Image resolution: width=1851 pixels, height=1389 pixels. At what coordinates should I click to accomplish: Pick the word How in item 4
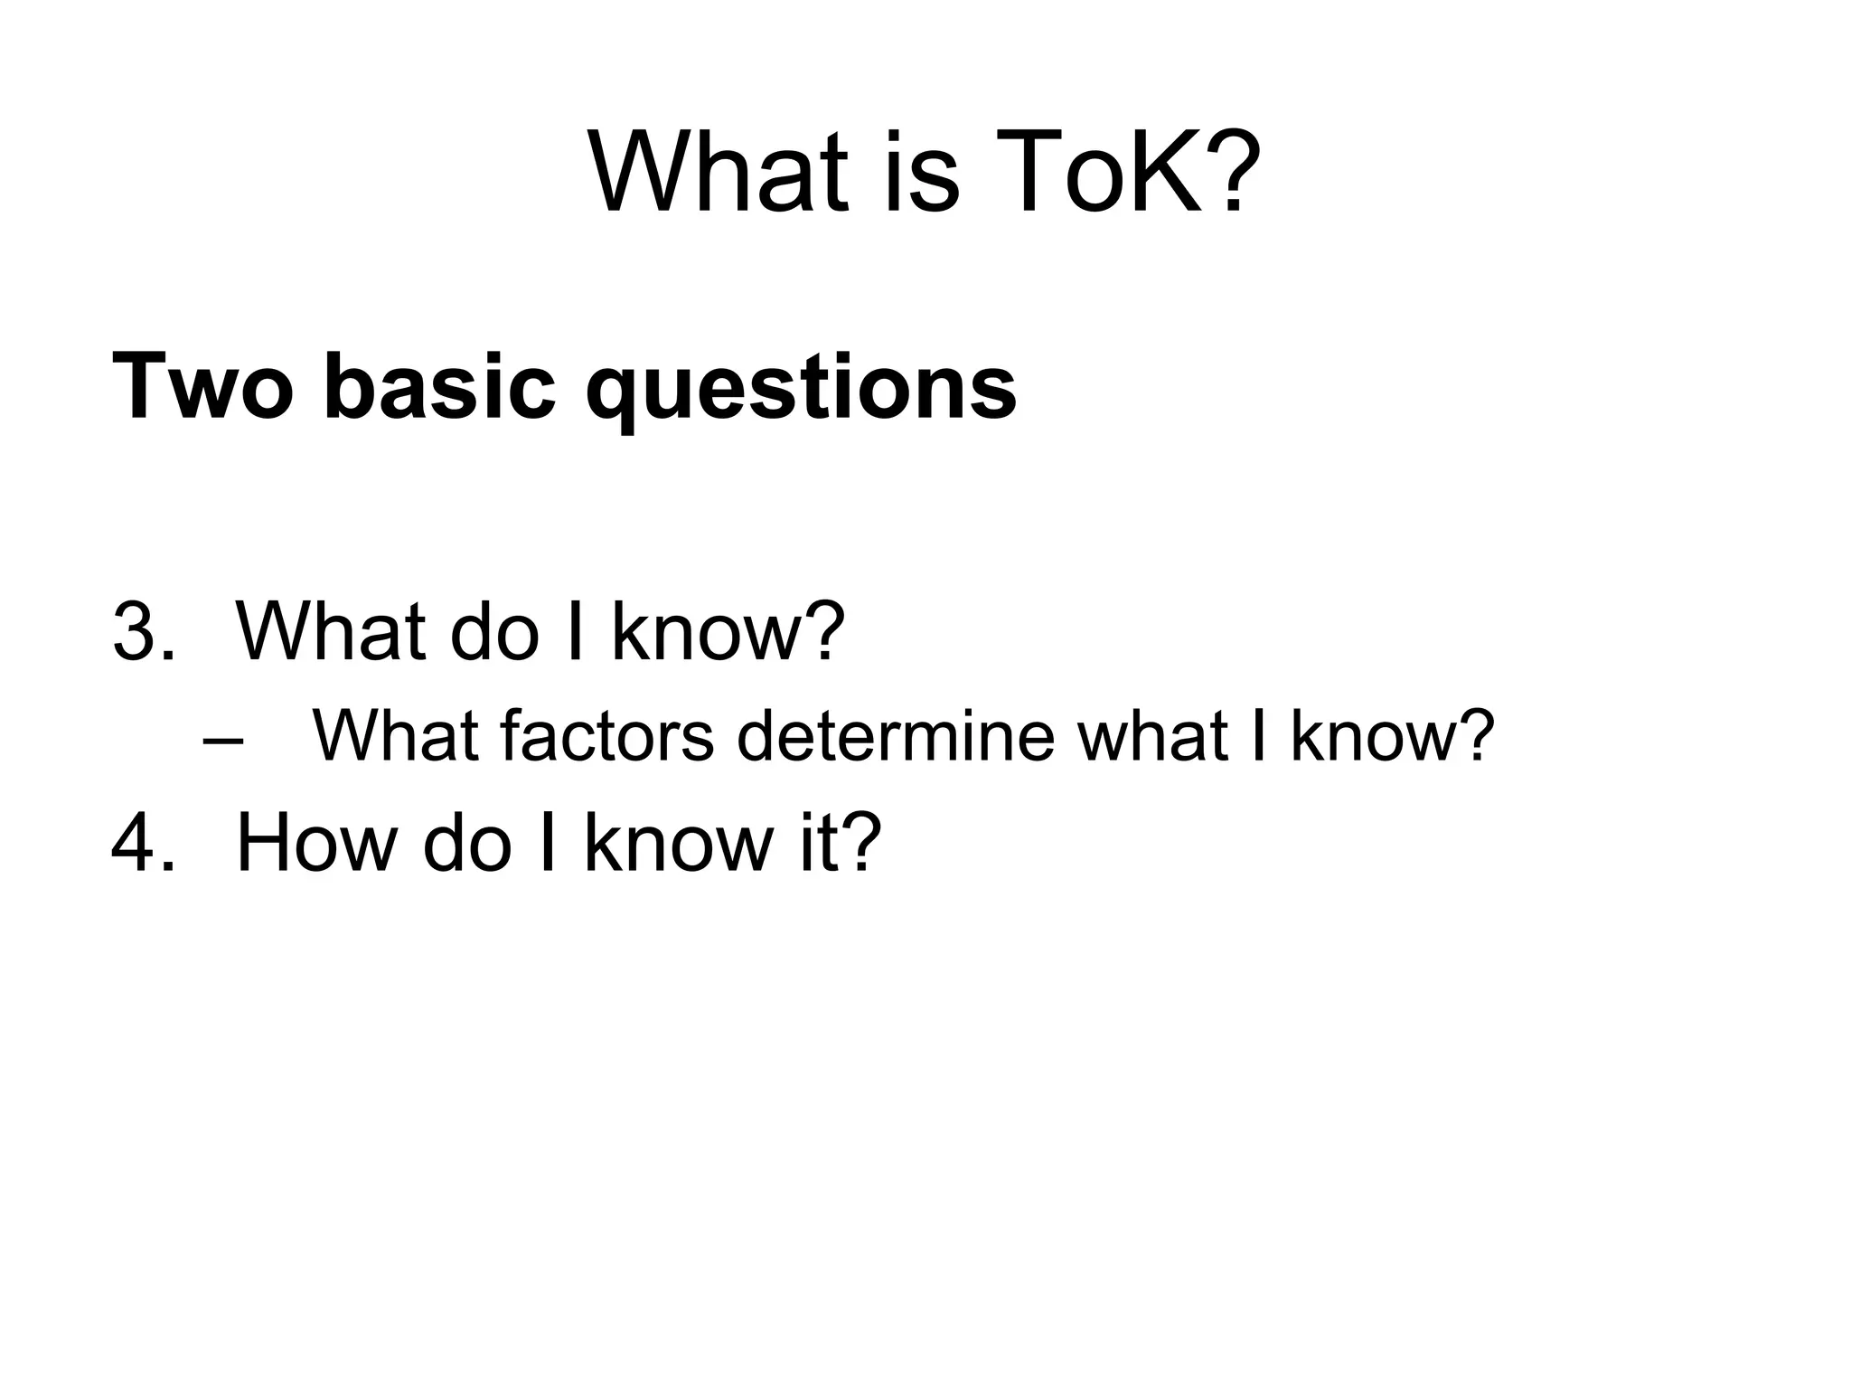coord(315,844)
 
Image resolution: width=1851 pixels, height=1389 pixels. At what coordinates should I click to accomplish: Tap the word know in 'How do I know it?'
coord(682,844)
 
